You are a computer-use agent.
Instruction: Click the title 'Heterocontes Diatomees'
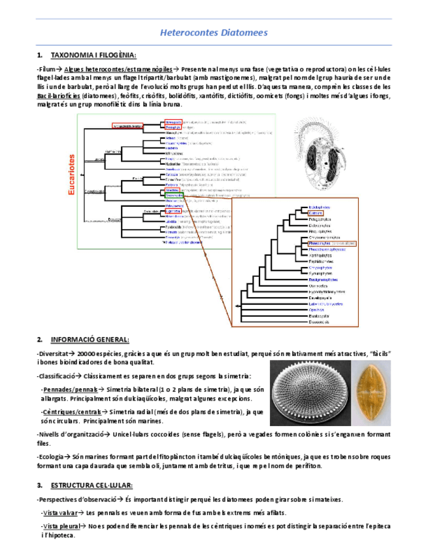pyautogui.click(x=214, y=32)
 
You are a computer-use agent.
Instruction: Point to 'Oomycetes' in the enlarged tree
pyautogui.click(x=318, y=285)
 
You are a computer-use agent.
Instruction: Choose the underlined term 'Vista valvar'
pyautogui.click(x=61, y=513)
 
